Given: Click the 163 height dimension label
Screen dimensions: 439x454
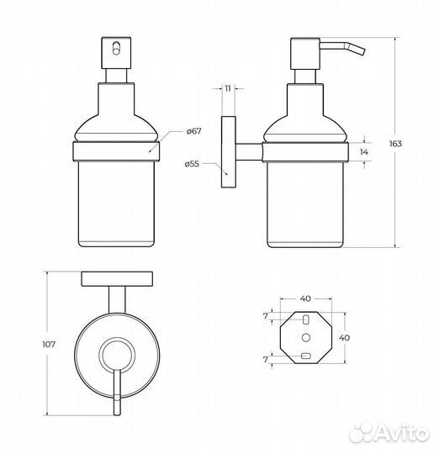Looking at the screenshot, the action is tap(395, 143).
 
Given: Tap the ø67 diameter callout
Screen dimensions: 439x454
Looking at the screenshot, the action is tap(193, 131).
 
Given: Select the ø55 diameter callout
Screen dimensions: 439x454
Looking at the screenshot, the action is tap(192, 164).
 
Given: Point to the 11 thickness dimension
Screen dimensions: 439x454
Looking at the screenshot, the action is tap(228, 88).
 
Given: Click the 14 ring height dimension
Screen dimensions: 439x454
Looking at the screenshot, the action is tap(363, 151).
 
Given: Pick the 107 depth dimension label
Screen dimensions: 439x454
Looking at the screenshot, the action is tap(49, 344).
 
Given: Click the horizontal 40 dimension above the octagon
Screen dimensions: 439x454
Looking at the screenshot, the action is tap(305, 298).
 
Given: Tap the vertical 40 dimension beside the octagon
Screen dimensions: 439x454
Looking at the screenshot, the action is tap(344, 338).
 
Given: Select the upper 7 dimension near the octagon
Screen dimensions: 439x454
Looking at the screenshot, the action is tap(266, 316).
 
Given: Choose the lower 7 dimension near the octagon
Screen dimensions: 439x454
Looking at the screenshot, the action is tap(266, 359).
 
